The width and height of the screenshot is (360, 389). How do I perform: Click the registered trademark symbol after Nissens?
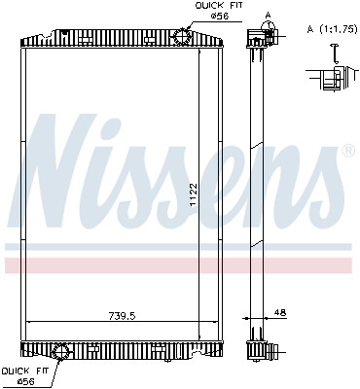click(x=347, y=152)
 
